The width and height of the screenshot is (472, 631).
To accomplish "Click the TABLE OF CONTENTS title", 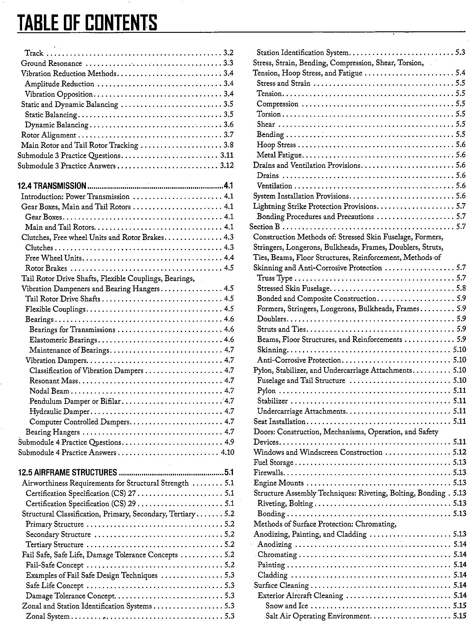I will click(x=87, y=23).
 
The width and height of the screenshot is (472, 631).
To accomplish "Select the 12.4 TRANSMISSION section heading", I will click(x=52, y=186).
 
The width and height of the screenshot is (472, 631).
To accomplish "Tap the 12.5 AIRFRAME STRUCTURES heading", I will click(x=68, y=472).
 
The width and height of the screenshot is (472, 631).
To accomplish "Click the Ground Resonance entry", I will click(x=52, y=64).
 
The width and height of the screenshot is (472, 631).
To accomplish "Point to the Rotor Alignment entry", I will click(x=48, y=135).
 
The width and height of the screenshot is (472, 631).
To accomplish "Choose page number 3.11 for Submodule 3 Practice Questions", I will click(x=227, y=156).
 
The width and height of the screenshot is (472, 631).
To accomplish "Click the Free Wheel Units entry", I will click(x=53, y=258).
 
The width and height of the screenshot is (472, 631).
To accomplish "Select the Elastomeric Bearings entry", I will click(x=63, y=340).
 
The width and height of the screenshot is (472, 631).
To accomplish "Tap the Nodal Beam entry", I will click(x=49, y=391).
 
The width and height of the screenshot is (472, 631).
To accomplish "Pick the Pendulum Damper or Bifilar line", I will click(x=75, y=401).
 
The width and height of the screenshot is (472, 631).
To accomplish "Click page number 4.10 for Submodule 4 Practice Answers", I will click(x=227, y=452).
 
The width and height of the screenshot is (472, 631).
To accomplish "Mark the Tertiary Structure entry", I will click(x=55, y=545).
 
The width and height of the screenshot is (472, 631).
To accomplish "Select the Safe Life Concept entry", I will click(x=55, y=586).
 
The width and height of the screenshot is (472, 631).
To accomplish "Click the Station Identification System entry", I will click(x=303, y=53).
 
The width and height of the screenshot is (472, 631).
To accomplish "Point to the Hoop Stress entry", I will click(x=276, y=145).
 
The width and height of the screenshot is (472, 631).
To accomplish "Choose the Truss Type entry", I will click(x=275, y=278).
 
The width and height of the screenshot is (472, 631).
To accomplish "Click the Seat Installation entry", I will click(x=279, y=421).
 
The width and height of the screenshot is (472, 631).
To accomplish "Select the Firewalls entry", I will click(x=269, y=473).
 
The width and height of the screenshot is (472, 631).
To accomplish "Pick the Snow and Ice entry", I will click(x=287, y=606).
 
